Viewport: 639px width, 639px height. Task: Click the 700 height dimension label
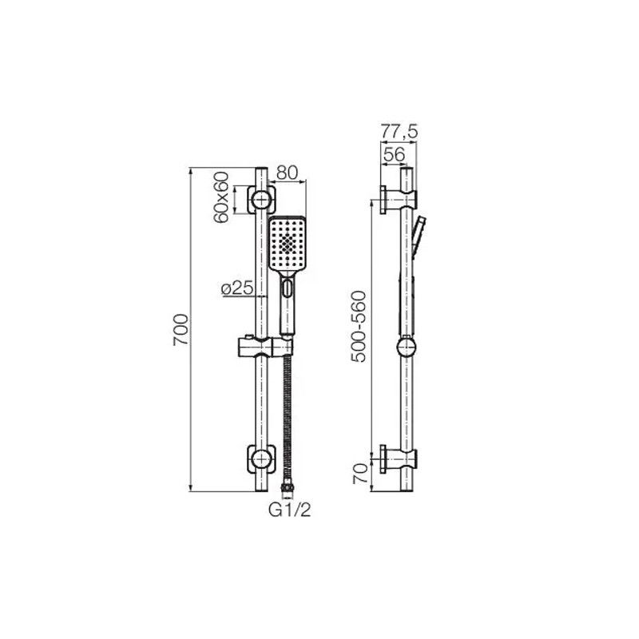tap(181, 330)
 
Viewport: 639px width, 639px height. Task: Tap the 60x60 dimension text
tap(221, 197)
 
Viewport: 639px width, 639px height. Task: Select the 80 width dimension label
tap(288, 173)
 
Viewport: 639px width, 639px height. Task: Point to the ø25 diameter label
tap(237, 289)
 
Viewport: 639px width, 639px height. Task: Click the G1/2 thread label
tap(290, 510)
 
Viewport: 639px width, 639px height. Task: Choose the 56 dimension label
tap(394, 154)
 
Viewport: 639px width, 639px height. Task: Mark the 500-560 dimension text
tap(359, 327)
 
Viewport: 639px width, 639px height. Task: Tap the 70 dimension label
tap(361, 474)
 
